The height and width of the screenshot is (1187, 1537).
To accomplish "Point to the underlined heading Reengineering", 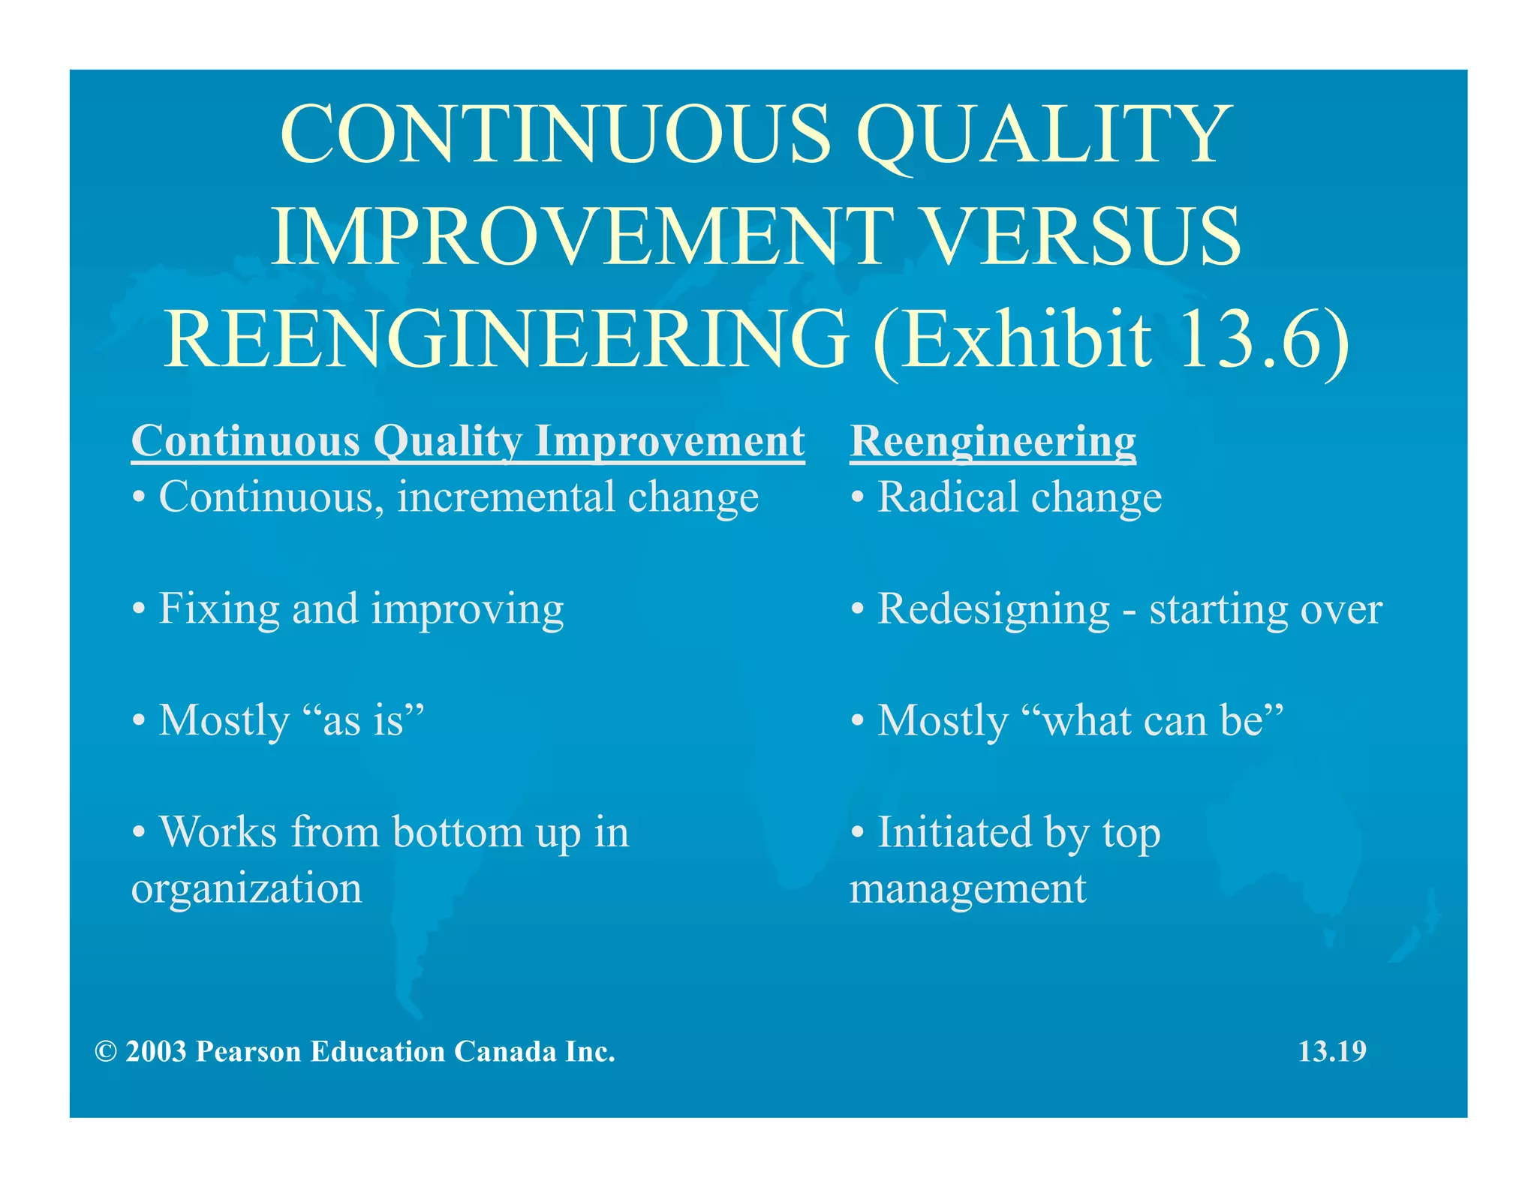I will click(992, 441).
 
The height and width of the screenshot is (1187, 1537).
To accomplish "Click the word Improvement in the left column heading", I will click(669, 441).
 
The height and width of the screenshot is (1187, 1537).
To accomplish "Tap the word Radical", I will click(948, 497).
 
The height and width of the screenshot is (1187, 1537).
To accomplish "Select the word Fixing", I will click(219, 609).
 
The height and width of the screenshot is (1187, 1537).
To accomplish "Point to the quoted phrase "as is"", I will click(364, 720).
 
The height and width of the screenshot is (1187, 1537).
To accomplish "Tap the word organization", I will click(246, 888).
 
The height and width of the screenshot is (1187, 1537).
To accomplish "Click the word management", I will click(967, 889).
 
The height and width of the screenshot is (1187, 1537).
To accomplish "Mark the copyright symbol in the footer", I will click(106, 1052).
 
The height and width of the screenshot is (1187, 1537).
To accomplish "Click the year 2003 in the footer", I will click(156, 1052).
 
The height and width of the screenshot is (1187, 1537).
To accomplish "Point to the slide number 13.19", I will click(1332, 1052).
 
